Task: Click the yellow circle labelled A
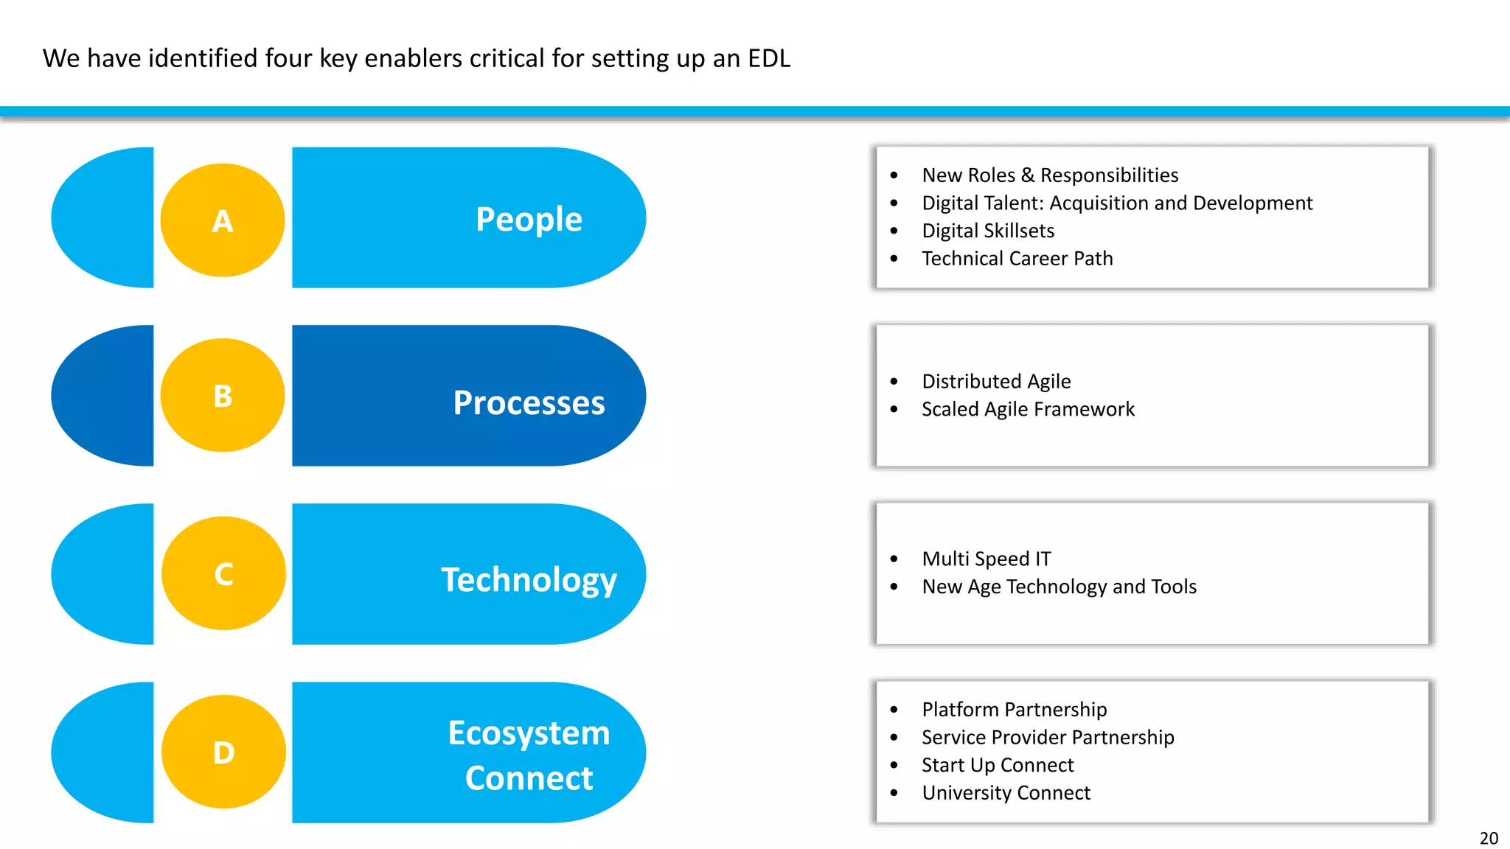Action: point(223,220)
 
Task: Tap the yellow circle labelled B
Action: point(223,396)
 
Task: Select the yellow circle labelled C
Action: point(223,573)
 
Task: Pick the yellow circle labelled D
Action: point(223,752)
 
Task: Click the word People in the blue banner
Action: point(529,220)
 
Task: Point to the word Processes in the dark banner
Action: point(529,403)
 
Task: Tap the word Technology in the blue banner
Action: point(529,580)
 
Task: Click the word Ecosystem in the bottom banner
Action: point(529,733)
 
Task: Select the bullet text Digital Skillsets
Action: point(988,231)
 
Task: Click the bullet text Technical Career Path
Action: point(1017,259)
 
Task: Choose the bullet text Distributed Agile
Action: point(996,381)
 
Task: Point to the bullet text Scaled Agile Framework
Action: point(1028,409)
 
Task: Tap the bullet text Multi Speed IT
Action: point(987,559)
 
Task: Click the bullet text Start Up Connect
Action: point(998,765)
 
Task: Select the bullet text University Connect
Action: point(1006,793)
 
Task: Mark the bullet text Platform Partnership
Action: point(1014,709)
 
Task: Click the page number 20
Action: point(1489,838)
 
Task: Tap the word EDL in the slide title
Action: point(769,58)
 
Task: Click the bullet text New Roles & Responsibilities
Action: point(1050,175)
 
